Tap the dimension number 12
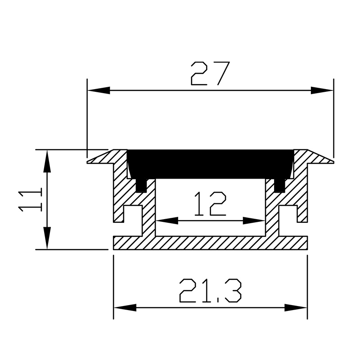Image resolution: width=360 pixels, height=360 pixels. (210, 204)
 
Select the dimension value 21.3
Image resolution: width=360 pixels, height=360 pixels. (210, 291)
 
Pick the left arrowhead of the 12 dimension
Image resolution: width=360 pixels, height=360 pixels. (167, 220)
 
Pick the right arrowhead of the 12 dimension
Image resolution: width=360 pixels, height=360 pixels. (254, 220)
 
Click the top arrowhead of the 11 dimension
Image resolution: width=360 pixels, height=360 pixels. (47, 162)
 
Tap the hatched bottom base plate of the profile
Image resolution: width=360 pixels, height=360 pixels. (210, 243)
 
